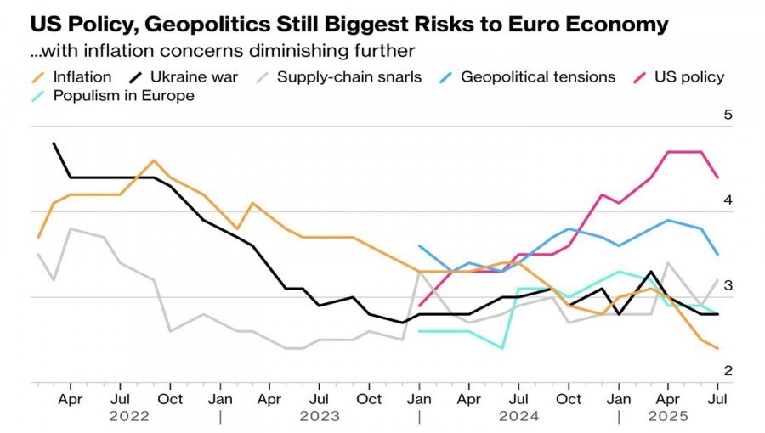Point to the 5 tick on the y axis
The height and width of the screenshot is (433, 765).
[728, 115]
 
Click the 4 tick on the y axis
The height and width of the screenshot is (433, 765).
[728, 200]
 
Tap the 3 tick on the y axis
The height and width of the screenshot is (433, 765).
[728, 286]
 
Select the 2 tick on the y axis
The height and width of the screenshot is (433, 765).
[728, 371]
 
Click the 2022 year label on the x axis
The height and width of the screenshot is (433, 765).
[129, 416]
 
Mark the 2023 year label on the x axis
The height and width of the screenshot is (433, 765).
[320, 416]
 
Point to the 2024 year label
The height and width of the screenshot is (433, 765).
[518, 416]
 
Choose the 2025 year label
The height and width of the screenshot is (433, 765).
[668, 416]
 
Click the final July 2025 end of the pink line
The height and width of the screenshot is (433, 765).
[718, 177]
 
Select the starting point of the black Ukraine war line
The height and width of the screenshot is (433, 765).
[54, 143]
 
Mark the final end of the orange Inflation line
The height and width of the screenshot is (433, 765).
[718, 348]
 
